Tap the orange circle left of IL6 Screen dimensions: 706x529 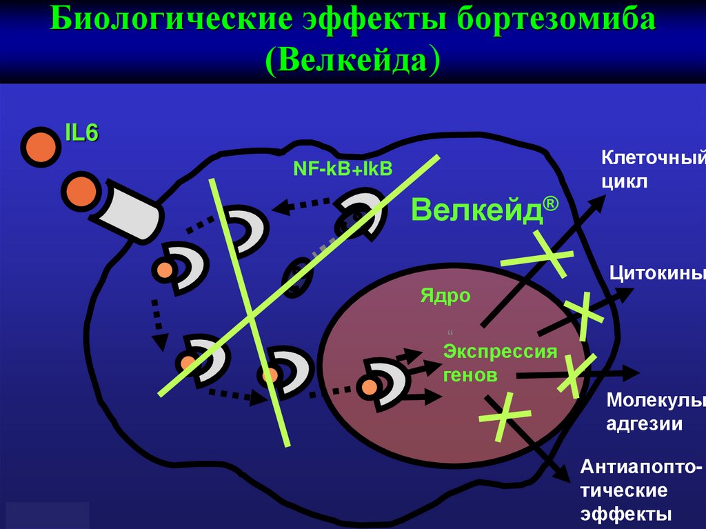point(39,146)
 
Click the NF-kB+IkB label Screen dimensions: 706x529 point(343,168)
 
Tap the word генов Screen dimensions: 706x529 point(470,375)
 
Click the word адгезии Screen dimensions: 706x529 point(645,423)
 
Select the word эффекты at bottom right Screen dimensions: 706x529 point(626,514)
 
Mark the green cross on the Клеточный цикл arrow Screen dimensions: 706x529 point(536,257)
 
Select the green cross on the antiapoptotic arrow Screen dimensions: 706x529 point(505,415)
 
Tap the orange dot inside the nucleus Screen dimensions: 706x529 point(370,386)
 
